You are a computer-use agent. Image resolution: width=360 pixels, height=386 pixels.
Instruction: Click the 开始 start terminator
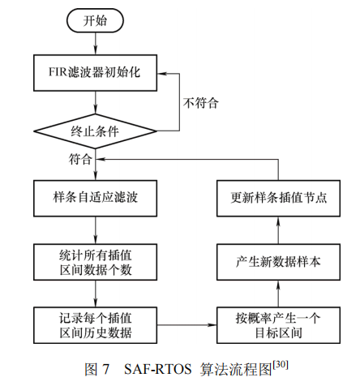96,22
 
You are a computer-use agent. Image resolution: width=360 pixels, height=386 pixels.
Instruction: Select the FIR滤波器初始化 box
96,71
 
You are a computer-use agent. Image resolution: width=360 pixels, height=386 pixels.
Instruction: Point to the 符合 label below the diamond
80,159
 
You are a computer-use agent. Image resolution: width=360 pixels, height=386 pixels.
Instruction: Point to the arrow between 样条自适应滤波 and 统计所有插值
96,229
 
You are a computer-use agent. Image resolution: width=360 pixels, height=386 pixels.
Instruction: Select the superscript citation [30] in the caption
281,363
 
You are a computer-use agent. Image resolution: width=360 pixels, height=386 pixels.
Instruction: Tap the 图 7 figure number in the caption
99,368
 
